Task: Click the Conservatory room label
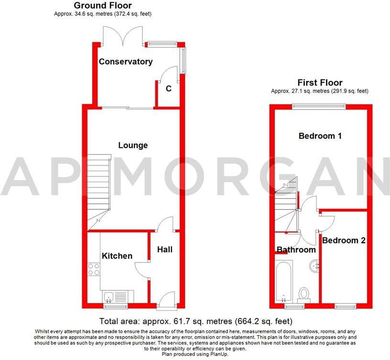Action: point(126,62)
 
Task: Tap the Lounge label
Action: point(133,145)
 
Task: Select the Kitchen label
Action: point(117,256)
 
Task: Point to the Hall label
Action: point(164,250)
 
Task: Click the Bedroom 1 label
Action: point(320,136)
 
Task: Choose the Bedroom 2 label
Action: point(344,240)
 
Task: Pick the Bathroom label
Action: point(296,250)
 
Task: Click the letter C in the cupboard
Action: point(168,88)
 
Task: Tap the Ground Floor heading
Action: point(102,6)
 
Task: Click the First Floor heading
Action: point(320,83)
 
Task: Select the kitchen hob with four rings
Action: point(94,269)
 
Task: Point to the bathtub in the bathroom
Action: point(283,281)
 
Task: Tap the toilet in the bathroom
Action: point(303,294)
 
